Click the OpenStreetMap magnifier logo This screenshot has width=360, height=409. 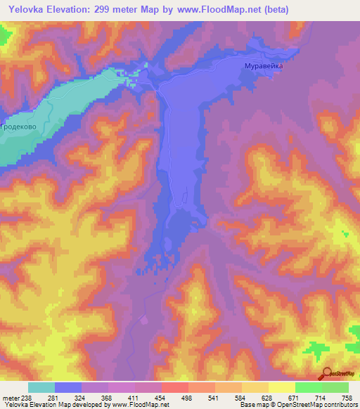325,375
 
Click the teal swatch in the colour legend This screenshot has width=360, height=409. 41,387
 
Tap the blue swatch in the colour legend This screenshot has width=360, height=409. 68,387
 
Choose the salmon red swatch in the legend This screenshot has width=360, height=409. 175,387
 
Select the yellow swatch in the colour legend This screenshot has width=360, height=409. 281,387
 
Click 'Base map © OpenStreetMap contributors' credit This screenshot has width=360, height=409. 295,404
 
